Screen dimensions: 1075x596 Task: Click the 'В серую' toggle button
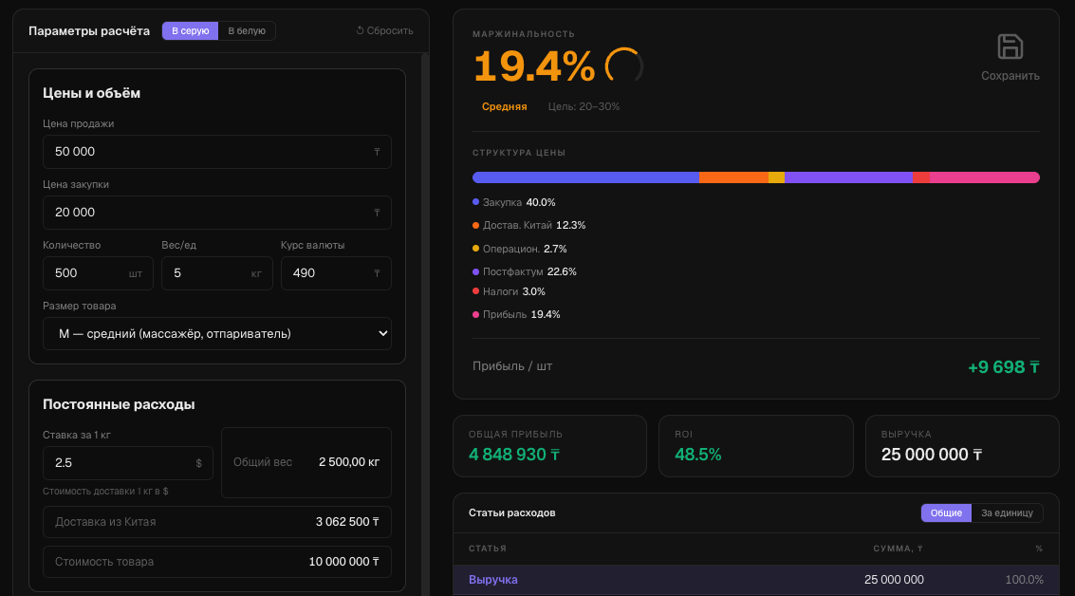190,31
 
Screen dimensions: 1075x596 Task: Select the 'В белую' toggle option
247,31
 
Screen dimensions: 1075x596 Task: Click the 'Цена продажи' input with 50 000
216,152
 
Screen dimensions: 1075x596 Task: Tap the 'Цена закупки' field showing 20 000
216,213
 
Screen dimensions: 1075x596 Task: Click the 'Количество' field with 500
98,273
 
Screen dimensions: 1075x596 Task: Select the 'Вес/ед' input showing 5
216,273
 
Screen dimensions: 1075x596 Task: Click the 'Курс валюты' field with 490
336,273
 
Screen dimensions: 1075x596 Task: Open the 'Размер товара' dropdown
216,334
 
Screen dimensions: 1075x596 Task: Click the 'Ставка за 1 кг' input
127,463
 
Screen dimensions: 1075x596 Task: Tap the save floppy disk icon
1010,47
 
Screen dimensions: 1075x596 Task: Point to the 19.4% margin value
534,66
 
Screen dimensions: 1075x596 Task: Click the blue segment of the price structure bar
585,177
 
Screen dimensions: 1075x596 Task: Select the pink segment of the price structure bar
985,177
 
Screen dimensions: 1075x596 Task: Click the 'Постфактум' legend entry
525,271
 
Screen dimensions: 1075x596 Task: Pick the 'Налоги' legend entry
509,291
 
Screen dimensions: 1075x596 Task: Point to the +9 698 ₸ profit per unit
1004,367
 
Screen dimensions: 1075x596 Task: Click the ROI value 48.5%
698,455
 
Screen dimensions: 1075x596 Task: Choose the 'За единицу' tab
1007,513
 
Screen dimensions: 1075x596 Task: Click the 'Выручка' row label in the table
493,580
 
